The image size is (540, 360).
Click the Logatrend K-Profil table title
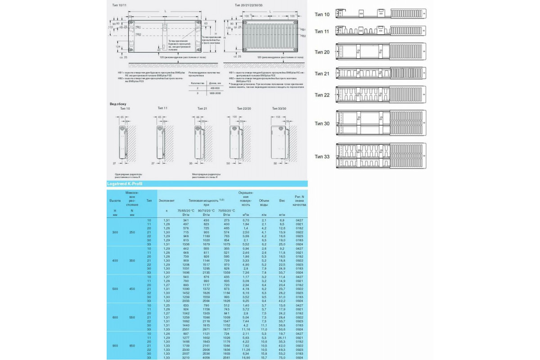coord(125,184)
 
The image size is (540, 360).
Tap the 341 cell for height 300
coord(185,220)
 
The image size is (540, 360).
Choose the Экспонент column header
coord(166,200)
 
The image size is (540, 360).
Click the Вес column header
coord(282,200)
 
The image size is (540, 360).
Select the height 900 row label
coord(115,345)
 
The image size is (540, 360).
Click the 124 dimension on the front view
coord(117,47)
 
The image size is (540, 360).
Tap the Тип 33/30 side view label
coord(279,108)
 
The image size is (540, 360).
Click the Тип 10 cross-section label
coord(322,14)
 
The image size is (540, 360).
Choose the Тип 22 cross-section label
coord(322,95)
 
